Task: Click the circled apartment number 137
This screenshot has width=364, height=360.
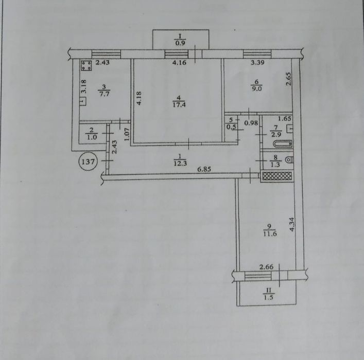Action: tap(88, 161)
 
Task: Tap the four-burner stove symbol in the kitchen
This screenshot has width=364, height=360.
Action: tap(86, 65)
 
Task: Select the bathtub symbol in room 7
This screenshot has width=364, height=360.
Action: tap(283, 144)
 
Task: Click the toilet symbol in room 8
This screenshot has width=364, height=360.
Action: tap(289, 160)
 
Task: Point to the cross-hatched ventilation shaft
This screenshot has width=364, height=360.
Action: tap(276, 176)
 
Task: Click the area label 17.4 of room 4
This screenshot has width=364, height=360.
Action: tap(179, 105)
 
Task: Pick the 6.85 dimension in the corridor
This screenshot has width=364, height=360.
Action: tap(204, 169)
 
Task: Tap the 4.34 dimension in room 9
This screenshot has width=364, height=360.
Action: tap(292, 224)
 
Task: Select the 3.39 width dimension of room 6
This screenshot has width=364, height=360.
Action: tap(257, 62)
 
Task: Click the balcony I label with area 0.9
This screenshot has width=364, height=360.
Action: tap(180, 40)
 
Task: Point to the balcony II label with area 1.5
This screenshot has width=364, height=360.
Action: tap(269, 294)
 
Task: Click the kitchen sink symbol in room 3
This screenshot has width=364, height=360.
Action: tap(83, 102)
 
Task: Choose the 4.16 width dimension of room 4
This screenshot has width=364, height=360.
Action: tap(179, 62)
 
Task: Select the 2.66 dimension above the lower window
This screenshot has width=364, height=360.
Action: tap(266, 267)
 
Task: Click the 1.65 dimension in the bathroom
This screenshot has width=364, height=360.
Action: tap(285, 118)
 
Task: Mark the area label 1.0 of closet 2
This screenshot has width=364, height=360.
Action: tap(92, 137)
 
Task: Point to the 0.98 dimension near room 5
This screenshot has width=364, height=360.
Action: tap(251, 123)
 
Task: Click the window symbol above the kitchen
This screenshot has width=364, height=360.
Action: tap(106, 54)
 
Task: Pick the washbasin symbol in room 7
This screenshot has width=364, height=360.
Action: tap(290, 129)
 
